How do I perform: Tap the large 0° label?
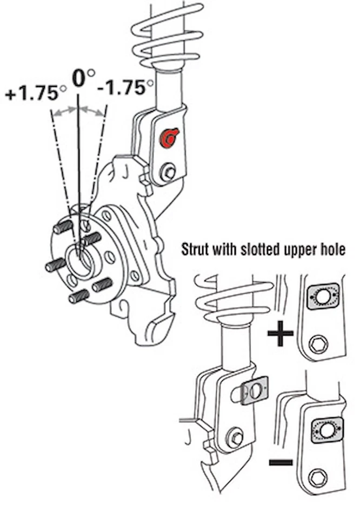pos(82,78)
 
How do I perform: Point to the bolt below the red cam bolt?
pos(168,173)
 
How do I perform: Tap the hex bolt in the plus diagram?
pos(317,343)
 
